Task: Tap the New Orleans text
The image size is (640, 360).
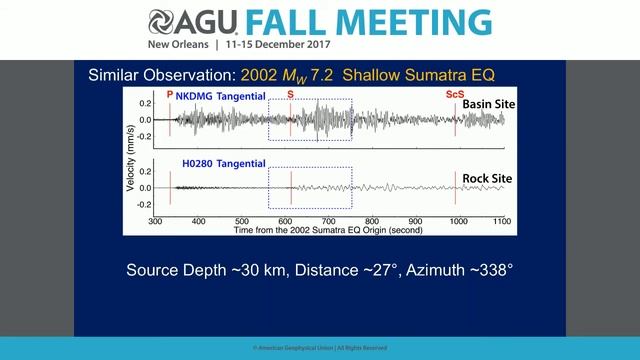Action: pos(178,46)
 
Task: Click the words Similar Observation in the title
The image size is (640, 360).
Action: pos(160,75)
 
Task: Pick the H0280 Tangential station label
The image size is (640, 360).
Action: pos(223,163)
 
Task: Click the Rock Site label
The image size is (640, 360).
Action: pos(487,179)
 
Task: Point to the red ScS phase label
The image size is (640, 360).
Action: pos(454,95)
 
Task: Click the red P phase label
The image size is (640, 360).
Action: pos(170,95)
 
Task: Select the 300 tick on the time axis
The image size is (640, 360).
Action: pos(155,221)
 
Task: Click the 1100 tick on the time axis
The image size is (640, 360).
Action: pos(502,221)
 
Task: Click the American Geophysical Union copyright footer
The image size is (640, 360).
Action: pos(320,348)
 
